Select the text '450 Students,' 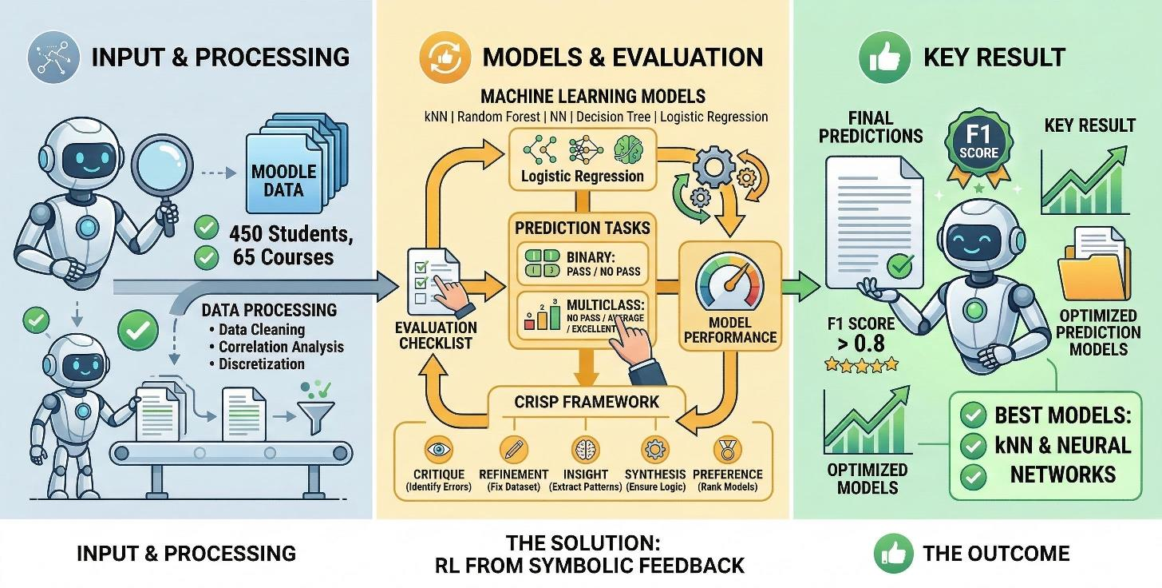point(290,234)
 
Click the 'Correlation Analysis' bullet point(281,347)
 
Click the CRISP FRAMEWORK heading point(586,401)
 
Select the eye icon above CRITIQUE point(438,450)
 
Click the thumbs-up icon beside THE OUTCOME point(891,553)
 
